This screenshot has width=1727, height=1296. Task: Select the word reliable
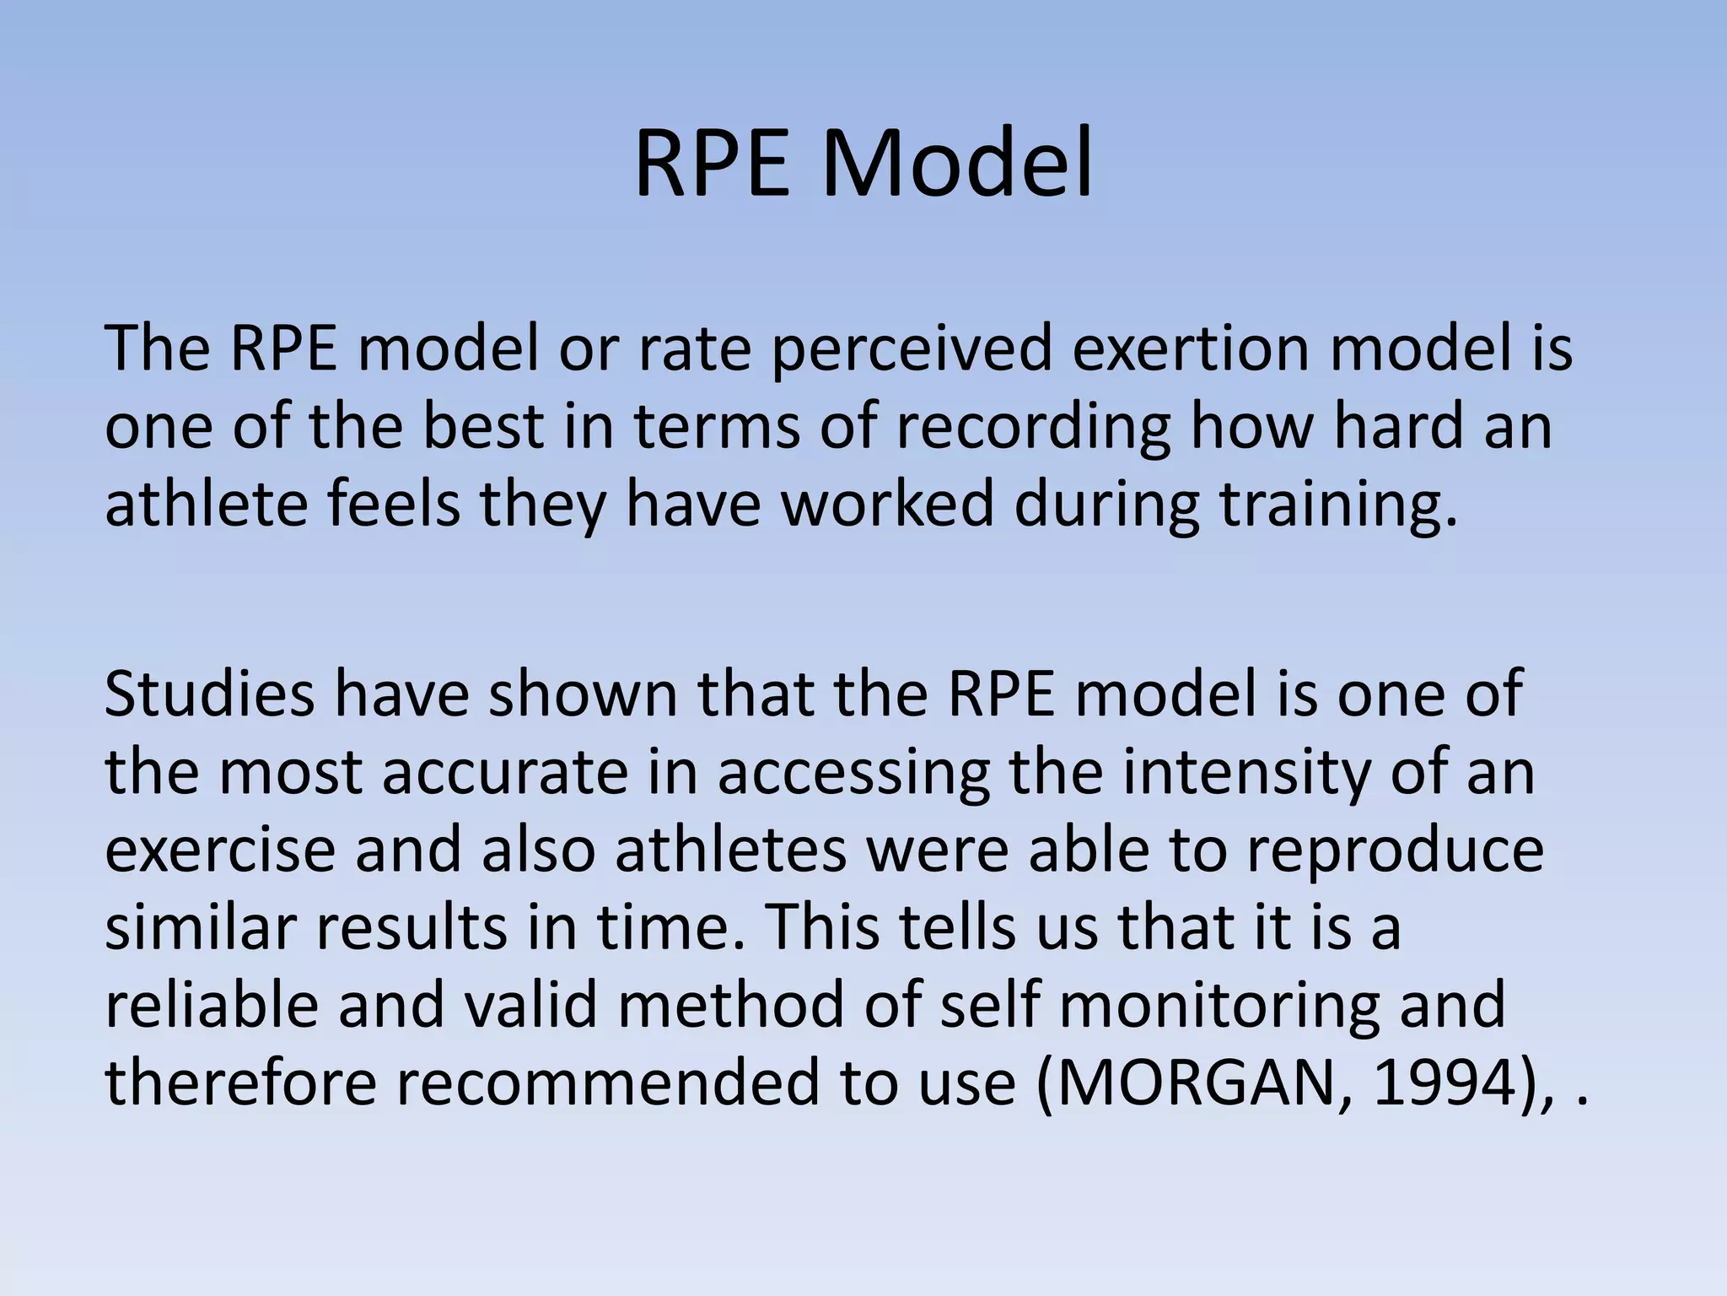(x=212, y=1004)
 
